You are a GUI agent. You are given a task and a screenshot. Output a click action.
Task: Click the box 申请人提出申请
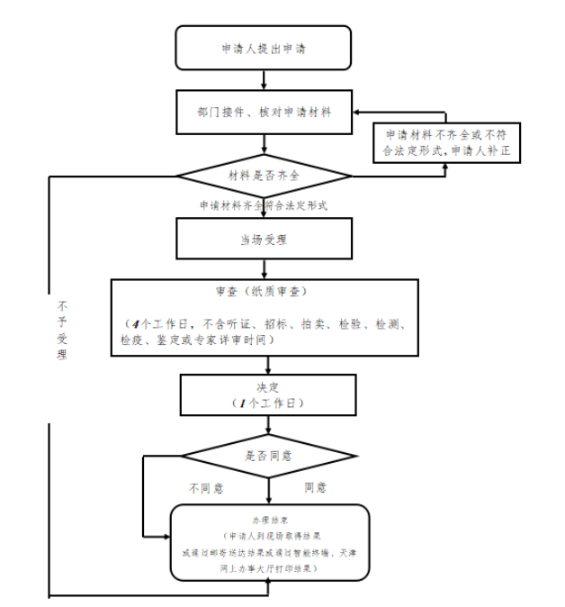click(x=263, y=49)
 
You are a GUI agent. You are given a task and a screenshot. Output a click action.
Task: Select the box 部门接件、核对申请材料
click(x=263, y=113)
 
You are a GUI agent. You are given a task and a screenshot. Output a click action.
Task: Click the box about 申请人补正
click(x=447, y=143)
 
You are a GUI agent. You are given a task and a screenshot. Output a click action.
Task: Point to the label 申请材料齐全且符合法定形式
click(x=263, y=205)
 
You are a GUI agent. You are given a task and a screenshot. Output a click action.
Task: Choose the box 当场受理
click(x=263, y=240)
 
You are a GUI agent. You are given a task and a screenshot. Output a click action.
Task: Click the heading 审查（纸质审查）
click(x=263, y=292)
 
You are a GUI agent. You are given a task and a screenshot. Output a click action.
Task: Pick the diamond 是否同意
click(x=268, y=456)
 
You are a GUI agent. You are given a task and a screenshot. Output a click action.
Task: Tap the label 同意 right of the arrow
click(x=315, y=487)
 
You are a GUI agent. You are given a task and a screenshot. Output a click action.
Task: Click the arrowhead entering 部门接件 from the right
click(x=358, y=113)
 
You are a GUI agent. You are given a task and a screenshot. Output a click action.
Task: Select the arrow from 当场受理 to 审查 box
click(x=264, y=269)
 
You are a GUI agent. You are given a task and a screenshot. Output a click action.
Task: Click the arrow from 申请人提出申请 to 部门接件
click(x=264, y=80)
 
